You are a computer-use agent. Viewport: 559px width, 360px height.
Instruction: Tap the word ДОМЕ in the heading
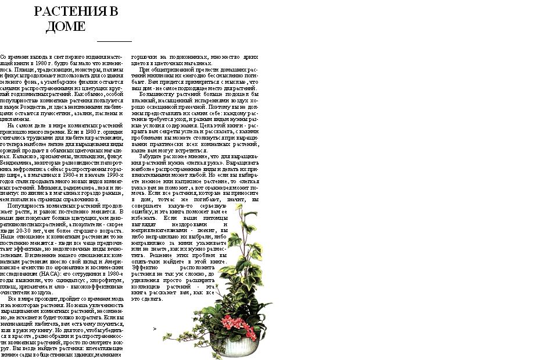pyautogui.click(x=66, y=27)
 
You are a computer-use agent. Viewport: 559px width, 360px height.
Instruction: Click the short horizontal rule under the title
pyautogui.click(x=114, y=41)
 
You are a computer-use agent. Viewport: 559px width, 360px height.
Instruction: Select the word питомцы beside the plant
pyautogui.click(x=214, y=218)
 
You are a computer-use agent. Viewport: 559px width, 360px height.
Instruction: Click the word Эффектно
pyautogui.click(x=145, y=268)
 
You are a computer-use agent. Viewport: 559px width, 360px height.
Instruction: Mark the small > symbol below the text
pyautogui.click(x=155, y=329)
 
